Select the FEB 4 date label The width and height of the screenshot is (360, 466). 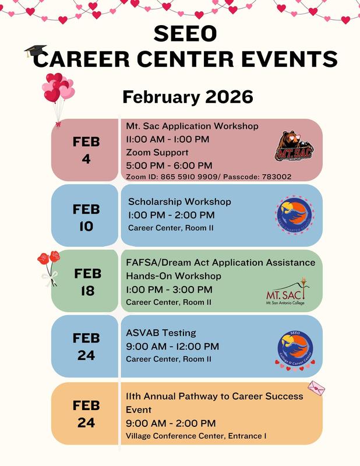coord(86,150)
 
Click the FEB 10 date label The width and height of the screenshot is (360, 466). coord(86,217)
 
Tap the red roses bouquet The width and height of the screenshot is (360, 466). coord(49,265)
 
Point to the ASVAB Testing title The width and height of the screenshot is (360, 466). coord(161,333)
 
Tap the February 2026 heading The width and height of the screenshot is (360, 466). coord(180,95)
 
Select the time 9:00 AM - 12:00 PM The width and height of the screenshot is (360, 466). coord(172,347)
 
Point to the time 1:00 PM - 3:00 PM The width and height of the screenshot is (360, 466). coord(170,290)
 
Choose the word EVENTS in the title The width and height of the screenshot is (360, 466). coord(291,58)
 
